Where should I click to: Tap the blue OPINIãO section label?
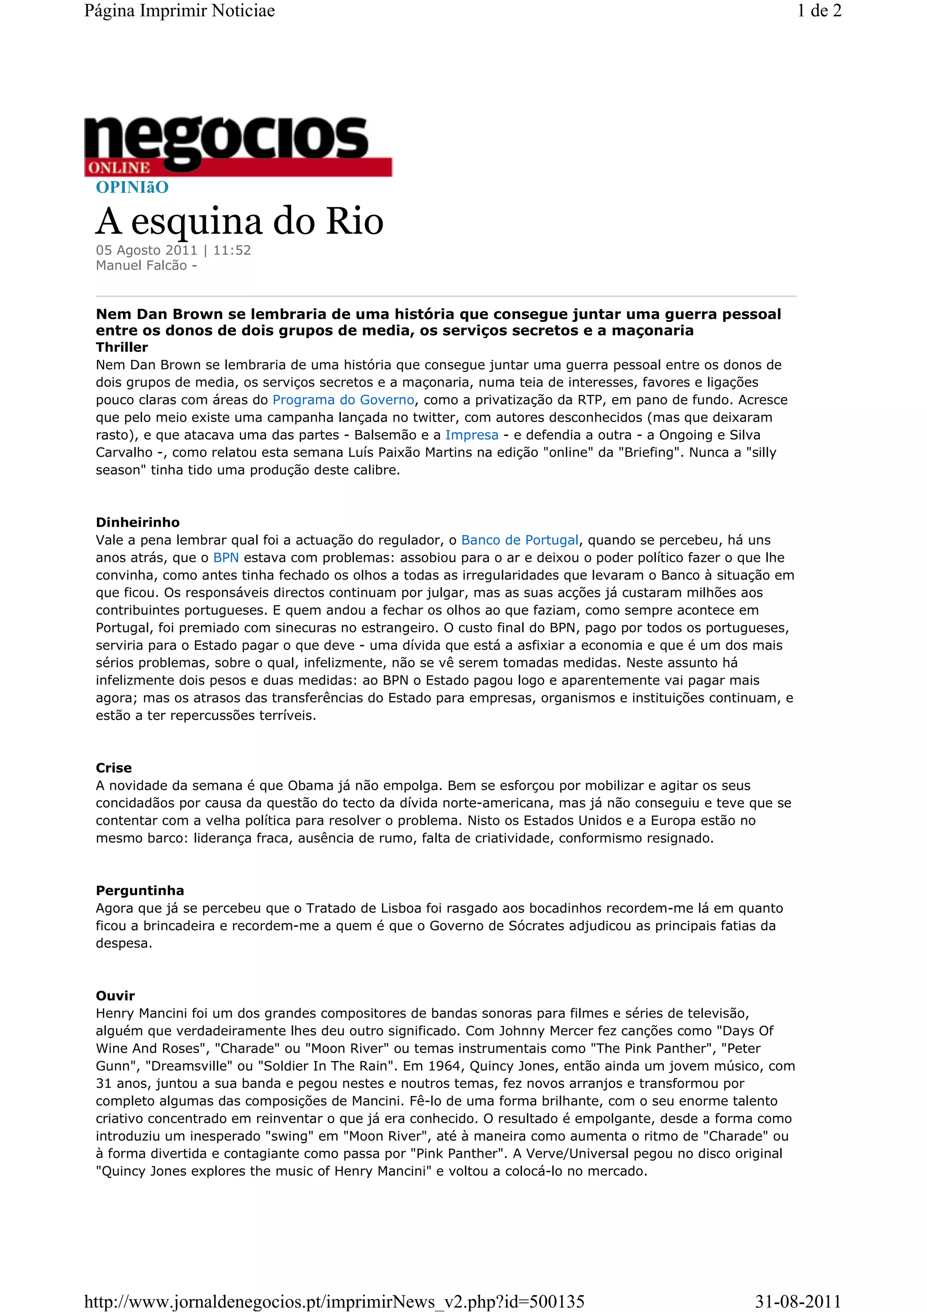point(132,187)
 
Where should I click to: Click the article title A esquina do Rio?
point(239,221)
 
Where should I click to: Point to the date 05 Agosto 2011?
point(146,250)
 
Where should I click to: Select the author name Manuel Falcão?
point(141,265)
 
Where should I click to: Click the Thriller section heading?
point(122,347)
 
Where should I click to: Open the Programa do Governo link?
point(343,400)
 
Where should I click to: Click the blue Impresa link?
point(472,435)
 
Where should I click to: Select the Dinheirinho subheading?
point(138,522)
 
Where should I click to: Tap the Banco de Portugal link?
point(520,540)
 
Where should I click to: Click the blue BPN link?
point(226,558)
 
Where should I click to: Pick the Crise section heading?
point(114,767)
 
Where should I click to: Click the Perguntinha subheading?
point(140,890)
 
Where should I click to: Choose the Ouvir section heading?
point(115,996)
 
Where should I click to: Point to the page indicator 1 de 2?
point(819,11)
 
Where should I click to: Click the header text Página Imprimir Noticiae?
point(179,11)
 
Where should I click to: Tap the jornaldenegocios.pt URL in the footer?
point(334,1302)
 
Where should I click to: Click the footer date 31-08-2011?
point(798,1302)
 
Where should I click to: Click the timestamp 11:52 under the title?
point(232,250)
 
